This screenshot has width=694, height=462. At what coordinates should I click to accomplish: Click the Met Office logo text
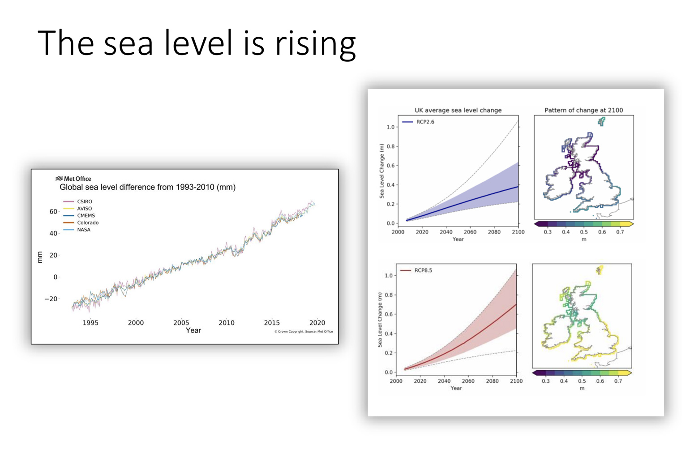click(77, 179)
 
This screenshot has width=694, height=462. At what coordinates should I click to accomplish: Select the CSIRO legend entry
click(84, 201)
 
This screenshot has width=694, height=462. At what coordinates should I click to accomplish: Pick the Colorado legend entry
click(87, 222)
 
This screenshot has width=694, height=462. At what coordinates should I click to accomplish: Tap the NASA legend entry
click(83, 230)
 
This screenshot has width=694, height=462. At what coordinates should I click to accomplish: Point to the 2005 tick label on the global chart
click(181, 322)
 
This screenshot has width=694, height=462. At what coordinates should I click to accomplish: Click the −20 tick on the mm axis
click(51, 299)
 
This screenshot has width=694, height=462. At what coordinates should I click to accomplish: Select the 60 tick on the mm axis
click(53, 211)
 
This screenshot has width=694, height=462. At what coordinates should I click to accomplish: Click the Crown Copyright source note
click(304, 332)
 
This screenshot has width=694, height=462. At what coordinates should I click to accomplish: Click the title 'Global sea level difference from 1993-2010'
click(147, 187)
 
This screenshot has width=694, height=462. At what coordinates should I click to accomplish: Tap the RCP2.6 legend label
click(425, 122)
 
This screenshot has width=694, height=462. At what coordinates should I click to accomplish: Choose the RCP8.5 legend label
click(423, 270)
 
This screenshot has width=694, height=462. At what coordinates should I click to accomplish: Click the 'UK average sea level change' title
click(458, 110)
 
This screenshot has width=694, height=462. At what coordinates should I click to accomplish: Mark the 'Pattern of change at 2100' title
click(583, 110)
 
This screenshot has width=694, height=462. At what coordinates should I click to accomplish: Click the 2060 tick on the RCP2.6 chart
click(470, 232)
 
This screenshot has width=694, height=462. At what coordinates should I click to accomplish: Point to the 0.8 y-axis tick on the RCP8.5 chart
click(389, 295)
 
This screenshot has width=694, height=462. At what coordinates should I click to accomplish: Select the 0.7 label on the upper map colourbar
click(620, 232)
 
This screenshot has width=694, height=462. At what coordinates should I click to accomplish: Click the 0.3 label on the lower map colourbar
click(546, 381)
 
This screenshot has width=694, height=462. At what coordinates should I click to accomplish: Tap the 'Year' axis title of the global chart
click(193, 330)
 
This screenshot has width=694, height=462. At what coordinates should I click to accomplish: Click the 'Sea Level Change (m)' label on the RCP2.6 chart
click(381, 171)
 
